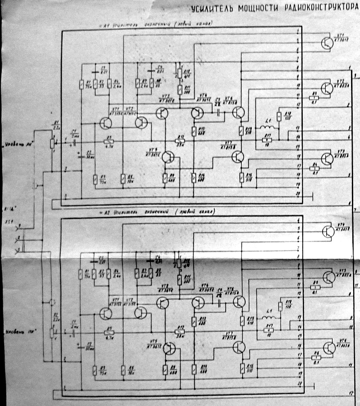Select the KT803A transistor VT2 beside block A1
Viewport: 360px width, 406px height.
pyautogui.click(x=327, y=88)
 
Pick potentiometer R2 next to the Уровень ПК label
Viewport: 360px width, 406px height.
pyautogui.click(x=51, y=333)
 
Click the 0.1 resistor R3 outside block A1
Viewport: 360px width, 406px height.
pyautogui.click(x=314, y=98)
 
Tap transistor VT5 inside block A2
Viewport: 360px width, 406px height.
pyautogui.click(x=170, y=348)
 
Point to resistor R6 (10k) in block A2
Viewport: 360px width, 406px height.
pyautogui.click(x=123, y=370)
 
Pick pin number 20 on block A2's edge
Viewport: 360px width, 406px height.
pyautogui.click(x=299, y=383)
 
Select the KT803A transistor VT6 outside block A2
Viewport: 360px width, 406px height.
pyautogui.click(x=328, y=348)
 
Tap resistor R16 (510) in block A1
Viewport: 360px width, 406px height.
pyautogui.click(x=242, y=178)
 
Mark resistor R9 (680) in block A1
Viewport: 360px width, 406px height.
pyautogui.click(x=165, y=178)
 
